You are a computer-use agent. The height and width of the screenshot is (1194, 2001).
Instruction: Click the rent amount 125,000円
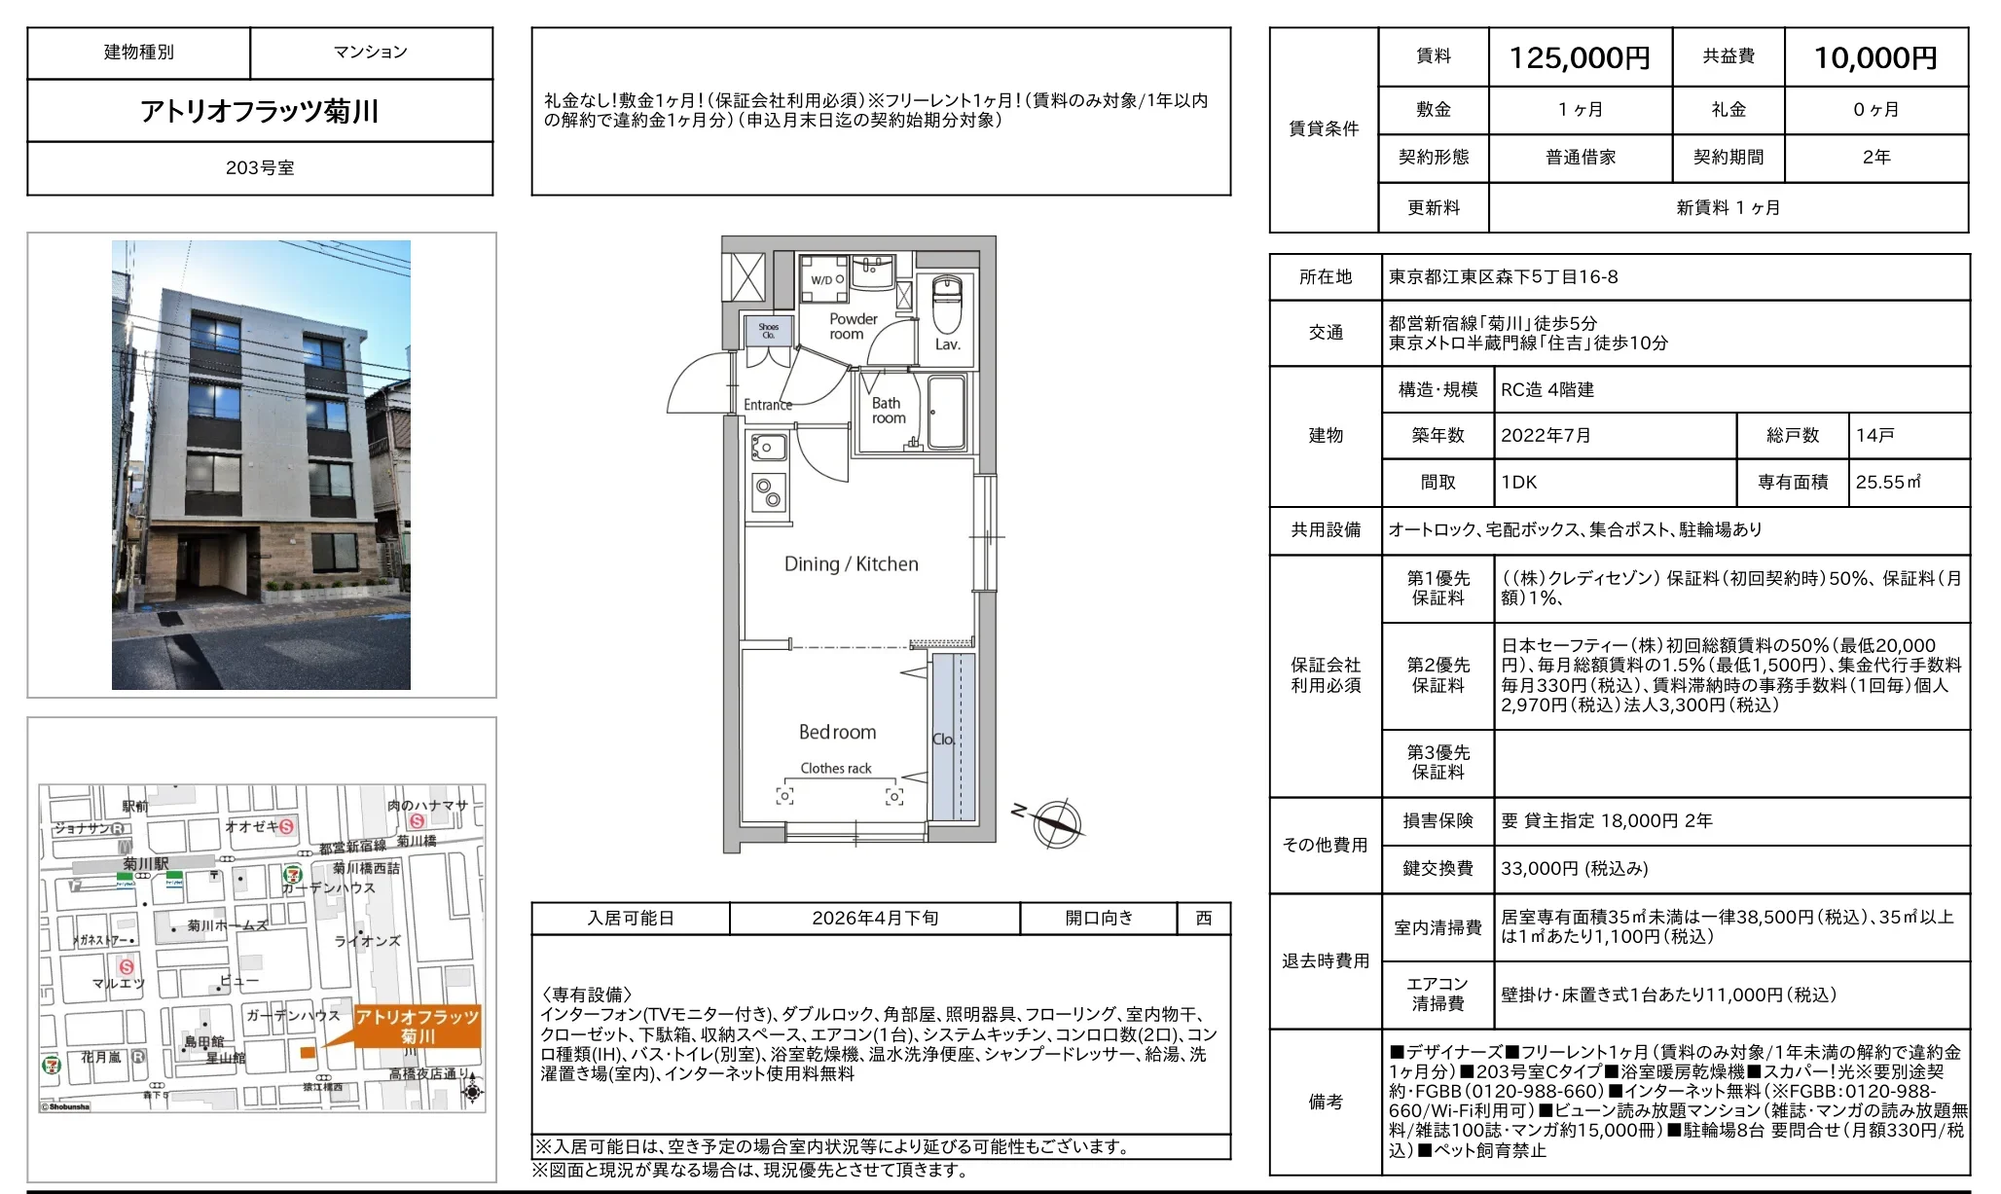(x=1579, y=58)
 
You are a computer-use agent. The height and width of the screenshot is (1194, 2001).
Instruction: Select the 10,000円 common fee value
(x=1874, y=58)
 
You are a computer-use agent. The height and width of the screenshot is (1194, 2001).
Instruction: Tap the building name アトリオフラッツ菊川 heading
(x=260, y=111)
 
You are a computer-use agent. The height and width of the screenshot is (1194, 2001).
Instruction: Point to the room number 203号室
(x=260, y=168)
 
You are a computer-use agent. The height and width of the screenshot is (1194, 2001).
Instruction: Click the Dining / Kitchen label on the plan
(x=851, y=564)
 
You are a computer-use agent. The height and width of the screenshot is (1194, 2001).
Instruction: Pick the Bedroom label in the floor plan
(x=837, y=732)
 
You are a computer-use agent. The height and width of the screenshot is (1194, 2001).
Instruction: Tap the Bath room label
(x=888, y=411)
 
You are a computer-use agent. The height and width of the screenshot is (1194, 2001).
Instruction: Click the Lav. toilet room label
(x=947, y=344)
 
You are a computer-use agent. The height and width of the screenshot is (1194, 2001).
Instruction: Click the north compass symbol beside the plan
(x=1056, y=823)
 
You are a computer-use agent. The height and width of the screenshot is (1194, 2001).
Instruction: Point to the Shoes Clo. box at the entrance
(x=769, y=331)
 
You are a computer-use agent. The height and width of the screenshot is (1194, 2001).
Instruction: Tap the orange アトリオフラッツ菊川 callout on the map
(x=418, y=1027)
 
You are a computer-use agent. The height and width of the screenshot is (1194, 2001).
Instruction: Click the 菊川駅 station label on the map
(x=145, y=864)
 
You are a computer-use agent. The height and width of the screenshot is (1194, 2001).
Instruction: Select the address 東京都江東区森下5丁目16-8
(x=1503, y=277)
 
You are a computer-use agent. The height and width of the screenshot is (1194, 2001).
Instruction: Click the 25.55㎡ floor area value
(x=1887, y=483)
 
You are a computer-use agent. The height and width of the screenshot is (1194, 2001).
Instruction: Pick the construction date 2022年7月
(x=1545, y=436)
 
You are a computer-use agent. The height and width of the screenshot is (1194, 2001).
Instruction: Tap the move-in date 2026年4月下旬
(x=874, y=919)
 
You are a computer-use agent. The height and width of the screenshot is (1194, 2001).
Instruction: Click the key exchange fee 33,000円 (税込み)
(x=1574, y=869)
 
